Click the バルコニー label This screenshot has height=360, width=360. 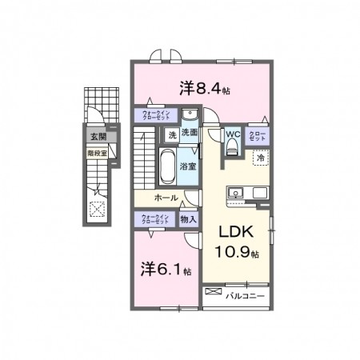(243, 295)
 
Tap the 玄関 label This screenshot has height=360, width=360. (97, 138)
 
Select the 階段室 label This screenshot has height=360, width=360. (97, 150)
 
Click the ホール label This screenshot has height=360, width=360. (166, 197)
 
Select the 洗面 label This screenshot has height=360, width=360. (189, 133)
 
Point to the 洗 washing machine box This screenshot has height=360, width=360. (170, 135)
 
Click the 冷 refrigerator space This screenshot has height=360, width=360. (261, 158)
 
